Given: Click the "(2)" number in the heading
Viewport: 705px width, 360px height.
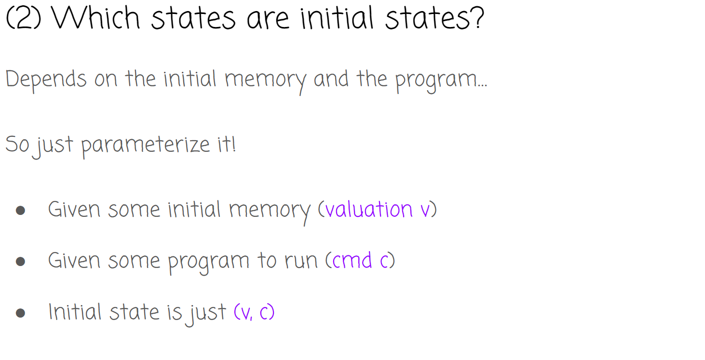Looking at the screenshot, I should tap(23, 19).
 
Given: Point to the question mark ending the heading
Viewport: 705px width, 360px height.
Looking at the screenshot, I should tap(475, 19).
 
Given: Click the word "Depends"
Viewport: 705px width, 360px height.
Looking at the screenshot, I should tap(46, 80).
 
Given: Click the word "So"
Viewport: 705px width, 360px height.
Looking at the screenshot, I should tap(17, 144).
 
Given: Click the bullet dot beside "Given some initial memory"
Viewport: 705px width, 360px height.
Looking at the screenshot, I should tap(20, 210).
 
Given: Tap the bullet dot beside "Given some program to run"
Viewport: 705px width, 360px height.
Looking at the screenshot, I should tap(20, 262).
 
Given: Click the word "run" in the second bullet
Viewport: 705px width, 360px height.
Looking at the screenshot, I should tap(301, 261).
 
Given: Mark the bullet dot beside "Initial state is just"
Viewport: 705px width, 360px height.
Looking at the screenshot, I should tap(20, 313).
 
